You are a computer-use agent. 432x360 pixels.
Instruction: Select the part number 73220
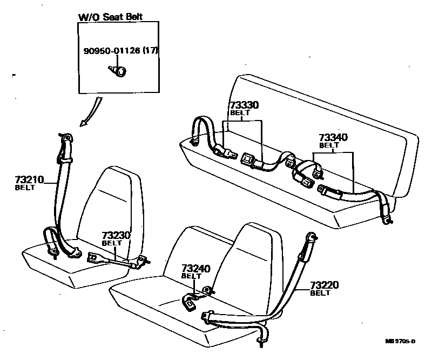click(x=325, y=285)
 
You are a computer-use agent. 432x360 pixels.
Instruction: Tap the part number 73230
click(x=116, y=236)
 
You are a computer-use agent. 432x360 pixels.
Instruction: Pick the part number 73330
click(x=244, y=105)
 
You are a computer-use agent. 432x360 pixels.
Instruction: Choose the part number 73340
click(x=333, y=138)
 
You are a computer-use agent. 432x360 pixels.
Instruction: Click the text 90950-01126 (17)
click(x=121, y=51)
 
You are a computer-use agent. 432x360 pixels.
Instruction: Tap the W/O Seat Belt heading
click(x=111, y=16)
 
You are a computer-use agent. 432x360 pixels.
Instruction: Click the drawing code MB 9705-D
click(x=400, y=341)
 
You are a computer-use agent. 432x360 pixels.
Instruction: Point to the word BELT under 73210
click(x=25, y=188)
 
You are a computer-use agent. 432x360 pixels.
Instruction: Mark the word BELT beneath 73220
click(x=320, y=293)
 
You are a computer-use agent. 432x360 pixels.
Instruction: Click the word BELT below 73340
click(x=328, y=145)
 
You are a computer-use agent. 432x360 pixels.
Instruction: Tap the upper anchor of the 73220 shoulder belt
click(x=312, y=236)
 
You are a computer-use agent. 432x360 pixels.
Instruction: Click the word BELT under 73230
click(x=112, y=243)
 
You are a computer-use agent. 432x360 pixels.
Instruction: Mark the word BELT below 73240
click(x=191, y=276)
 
